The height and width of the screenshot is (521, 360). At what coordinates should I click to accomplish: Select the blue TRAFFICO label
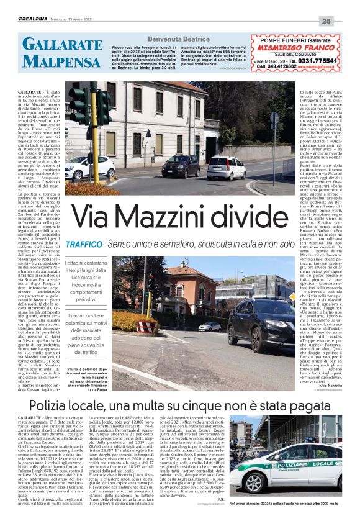pos(84,245)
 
